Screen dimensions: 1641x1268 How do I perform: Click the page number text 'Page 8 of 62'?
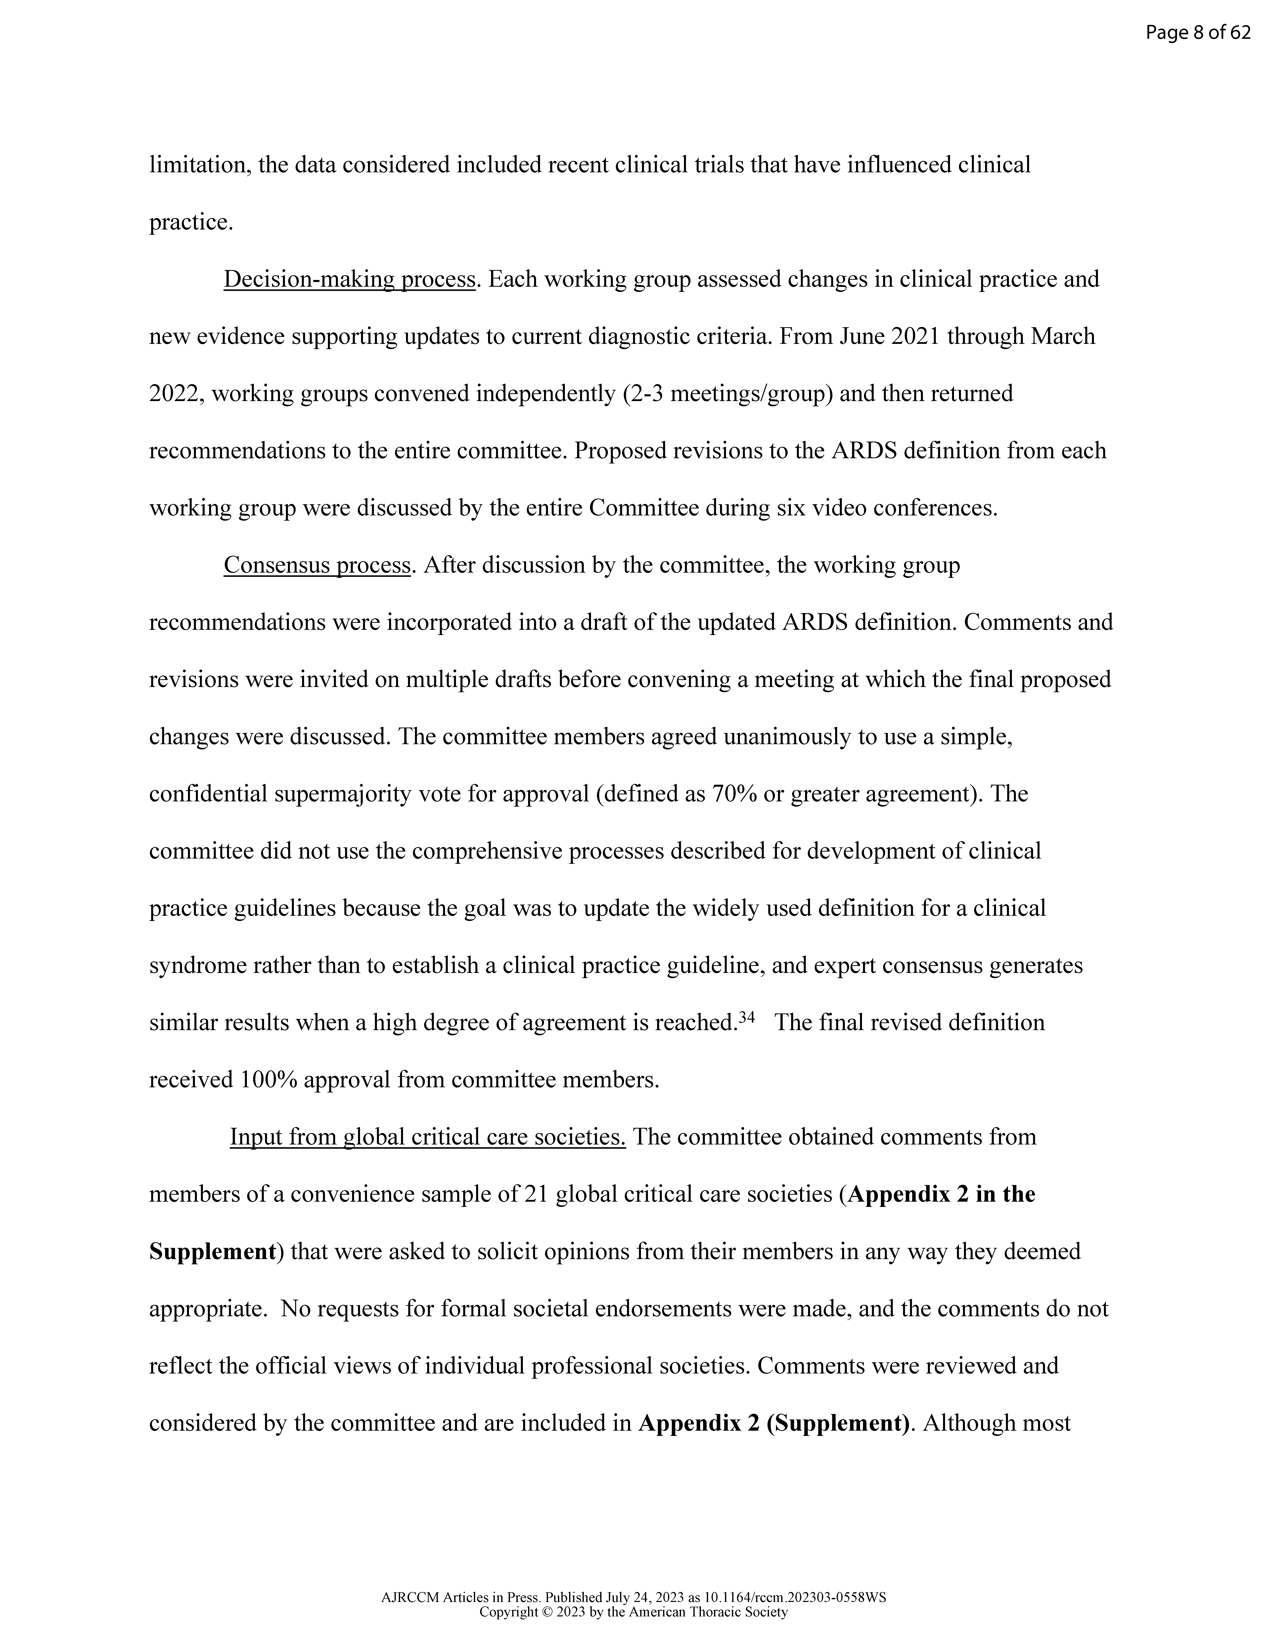(x=1197, y=32)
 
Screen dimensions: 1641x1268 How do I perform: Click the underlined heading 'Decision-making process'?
(x=349, y=279)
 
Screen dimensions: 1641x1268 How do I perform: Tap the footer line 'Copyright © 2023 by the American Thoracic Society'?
(x=633, y=1612)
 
